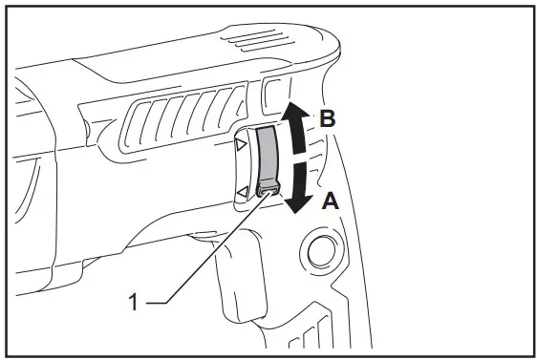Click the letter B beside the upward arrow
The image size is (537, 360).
click(x=327, y=120)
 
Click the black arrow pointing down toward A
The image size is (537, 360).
click(x=300, y=186)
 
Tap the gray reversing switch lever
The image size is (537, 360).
click(x=267, y=158)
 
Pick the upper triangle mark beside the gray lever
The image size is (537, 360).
click(x=241, y=144)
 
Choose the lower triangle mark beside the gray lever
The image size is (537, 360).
click(x=242, y=193)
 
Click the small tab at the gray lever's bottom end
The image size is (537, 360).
click(x=269, y=190)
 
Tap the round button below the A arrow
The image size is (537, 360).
click(x=318, y=252)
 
